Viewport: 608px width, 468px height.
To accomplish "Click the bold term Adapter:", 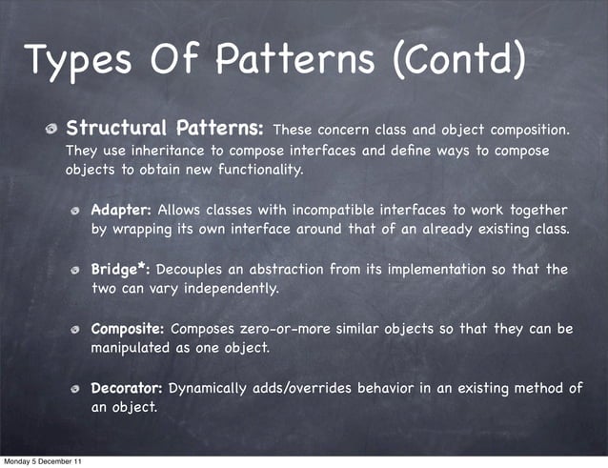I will (121, 210).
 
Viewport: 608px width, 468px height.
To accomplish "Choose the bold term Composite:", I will (128, 330).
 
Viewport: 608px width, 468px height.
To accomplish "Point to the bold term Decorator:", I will (127, 389).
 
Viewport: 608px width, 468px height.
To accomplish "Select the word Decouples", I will (193, 270).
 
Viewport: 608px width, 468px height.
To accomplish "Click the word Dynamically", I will (211, 389).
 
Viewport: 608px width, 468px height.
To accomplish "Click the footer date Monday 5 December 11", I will (41, 461).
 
